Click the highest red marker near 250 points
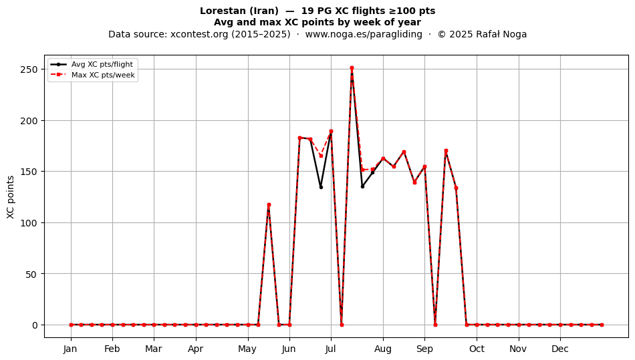click(352, 68)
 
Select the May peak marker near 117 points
click(269, 205)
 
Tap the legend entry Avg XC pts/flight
click(102, 64)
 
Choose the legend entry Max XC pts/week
click(103, 75)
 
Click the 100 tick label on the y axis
click(29, 223)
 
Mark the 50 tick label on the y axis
click(31, 274)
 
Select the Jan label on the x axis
click(70, 349)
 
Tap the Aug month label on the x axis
click(383, 349)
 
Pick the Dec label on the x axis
click(560, 349)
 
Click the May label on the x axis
click(247, 349)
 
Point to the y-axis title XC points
click(11, 197)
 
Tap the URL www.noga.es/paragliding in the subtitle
click(364, 34)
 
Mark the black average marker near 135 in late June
click(321, 187)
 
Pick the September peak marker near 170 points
click(446, 150)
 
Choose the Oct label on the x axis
click(477, 349)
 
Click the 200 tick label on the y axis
click(29, 120)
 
